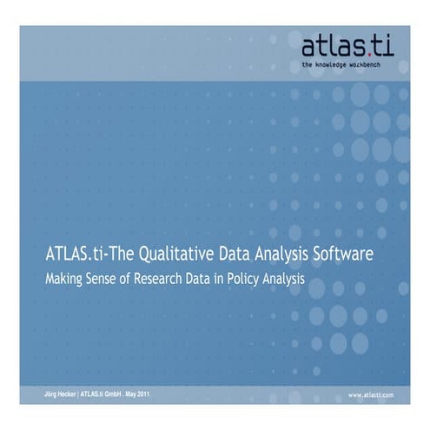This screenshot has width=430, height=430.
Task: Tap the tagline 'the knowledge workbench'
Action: coord(347,64)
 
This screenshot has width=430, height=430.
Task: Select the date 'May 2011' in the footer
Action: coord(136,394)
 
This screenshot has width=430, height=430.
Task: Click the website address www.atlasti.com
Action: coord(371,394)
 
